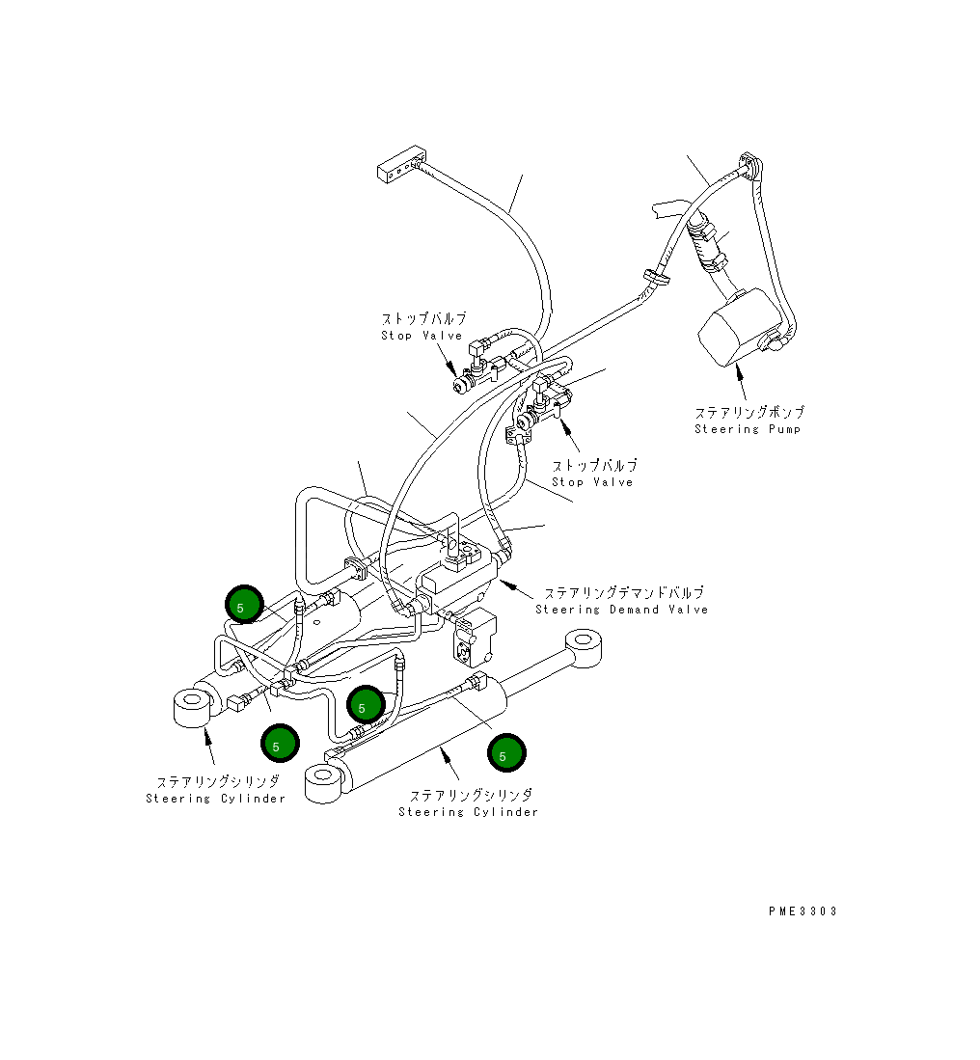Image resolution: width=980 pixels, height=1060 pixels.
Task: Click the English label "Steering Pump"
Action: pos(748,429)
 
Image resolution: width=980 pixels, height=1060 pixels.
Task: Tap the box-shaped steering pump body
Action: pos(739,328)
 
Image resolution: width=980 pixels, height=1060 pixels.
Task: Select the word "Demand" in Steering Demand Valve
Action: pos(634,610)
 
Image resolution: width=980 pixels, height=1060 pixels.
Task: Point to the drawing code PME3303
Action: pos(803,911)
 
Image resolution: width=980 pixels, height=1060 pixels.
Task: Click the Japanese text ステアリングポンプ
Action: pos(749,412)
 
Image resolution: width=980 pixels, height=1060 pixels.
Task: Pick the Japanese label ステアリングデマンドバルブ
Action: pos(624,593)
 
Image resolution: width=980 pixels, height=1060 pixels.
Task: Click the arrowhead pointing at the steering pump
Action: pos(740,368)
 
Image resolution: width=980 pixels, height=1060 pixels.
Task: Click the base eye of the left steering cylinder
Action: pos(193,706)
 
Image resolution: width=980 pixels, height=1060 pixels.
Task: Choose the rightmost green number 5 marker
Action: pos(506,752)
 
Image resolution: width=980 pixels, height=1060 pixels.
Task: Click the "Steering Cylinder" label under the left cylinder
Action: pos(216,799)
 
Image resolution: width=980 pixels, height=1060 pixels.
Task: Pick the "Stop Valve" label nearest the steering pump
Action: pos(592,482)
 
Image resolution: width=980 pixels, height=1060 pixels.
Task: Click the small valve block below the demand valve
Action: pos(474,637)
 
